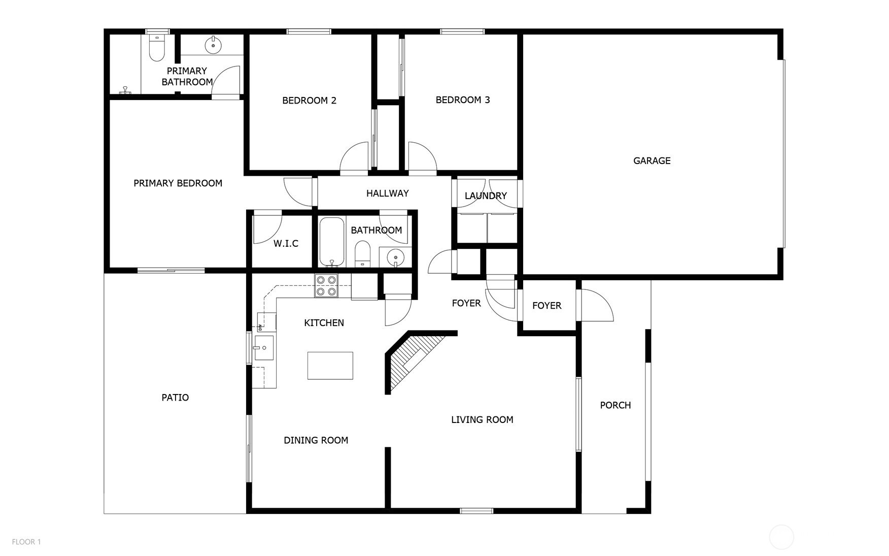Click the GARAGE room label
652,161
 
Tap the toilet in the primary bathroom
157,48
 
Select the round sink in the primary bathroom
213,45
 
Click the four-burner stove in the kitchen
326,285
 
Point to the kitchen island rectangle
330,366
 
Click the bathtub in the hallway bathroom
332,242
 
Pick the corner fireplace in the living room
414,361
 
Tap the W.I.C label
286,244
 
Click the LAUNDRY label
486,196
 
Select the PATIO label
175,398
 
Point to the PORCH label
616,405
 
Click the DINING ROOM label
316,440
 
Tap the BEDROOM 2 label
310,101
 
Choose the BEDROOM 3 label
463,100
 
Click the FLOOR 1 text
26,542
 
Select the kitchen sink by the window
264,348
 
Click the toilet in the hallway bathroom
362,254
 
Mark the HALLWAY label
388,193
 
